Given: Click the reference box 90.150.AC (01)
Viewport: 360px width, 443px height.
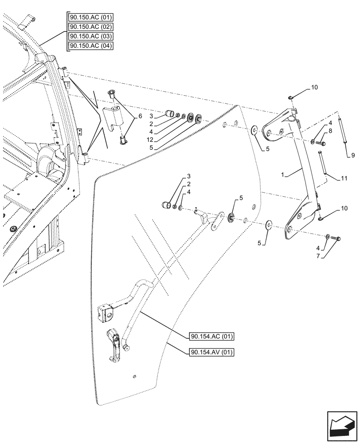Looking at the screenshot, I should pos(91,18).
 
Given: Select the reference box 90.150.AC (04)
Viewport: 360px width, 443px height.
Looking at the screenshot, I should pos(91,46).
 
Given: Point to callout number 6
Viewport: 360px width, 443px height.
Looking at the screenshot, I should pos(140,116).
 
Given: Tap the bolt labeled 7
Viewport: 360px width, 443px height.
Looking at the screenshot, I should pos(336,239).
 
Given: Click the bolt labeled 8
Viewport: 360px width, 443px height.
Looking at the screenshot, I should pos(321,143).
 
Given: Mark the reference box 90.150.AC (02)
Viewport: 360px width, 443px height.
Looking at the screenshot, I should pos(91,27).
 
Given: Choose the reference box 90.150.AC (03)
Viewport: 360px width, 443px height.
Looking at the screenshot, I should pos(91,36).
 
